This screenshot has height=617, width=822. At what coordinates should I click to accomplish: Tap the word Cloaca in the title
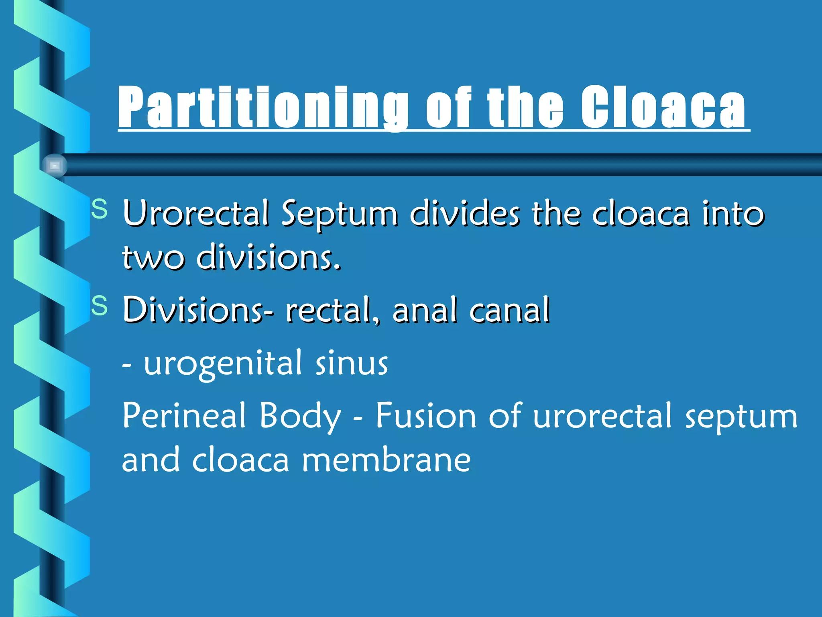[x=663, y=108]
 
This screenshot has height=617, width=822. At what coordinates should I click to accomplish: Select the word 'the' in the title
[x=525, y=108]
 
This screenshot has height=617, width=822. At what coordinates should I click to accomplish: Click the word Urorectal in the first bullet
[x=195, y=213]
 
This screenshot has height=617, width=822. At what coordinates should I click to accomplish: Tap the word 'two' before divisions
[x=153, y=257]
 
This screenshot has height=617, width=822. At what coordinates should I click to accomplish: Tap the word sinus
[x=352, y=362]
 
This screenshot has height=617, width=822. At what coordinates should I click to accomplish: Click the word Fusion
[x=425, y=415]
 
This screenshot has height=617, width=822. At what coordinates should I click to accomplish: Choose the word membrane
[x=386, y=460]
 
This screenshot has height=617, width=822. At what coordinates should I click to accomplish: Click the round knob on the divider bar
[x=54, y=165]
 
